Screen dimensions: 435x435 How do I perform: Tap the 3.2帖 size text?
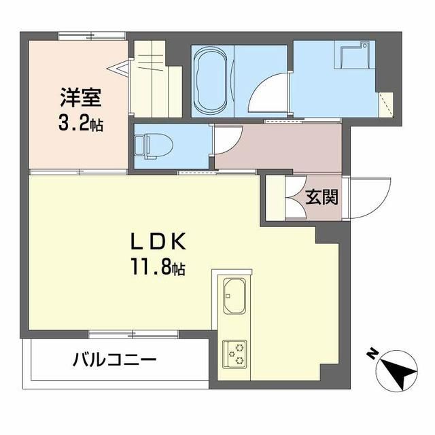click(81, 124)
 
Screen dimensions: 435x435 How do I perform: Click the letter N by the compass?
click(372, 354)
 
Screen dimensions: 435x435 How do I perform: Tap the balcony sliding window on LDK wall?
click(133, 334)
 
